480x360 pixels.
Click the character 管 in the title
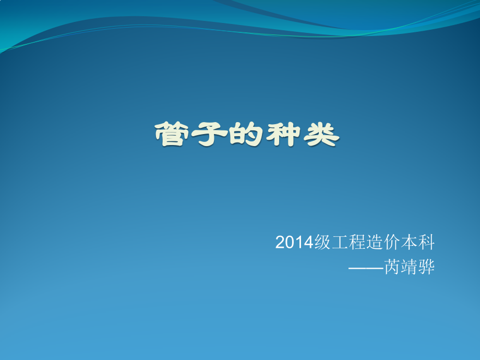(x=172, y=135)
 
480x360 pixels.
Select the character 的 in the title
(x=247, y=135)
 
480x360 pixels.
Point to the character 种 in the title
(x=284, y=135)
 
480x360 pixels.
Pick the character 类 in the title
(x=321, y=135)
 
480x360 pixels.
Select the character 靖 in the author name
(x=410, y=267)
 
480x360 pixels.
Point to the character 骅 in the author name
(x=427, y=267)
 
